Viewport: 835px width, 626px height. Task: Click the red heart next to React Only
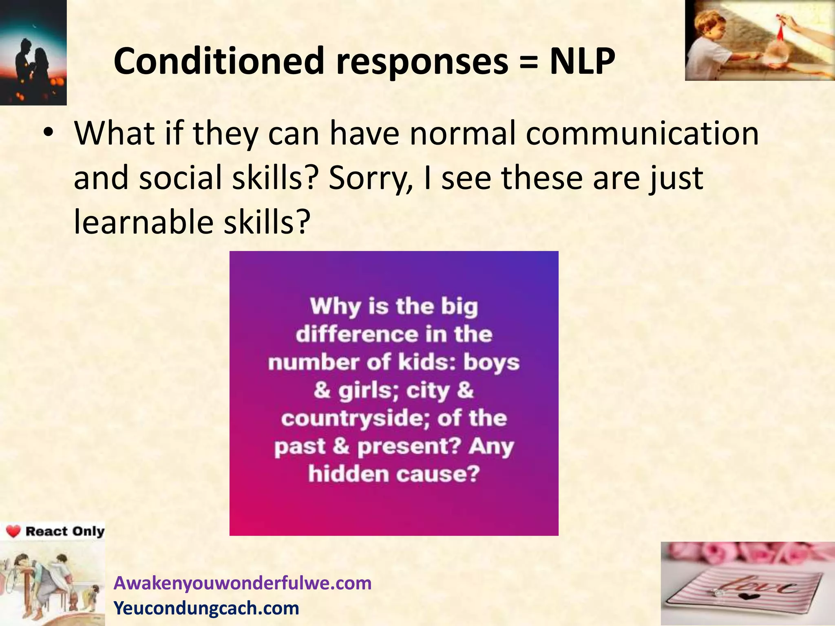tap(13, 531)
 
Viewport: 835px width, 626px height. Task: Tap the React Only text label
tap(64, 531)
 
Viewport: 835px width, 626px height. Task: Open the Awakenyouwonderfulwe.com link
tap(243, 583)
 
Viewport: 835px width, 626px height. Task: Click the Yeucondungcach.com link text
tap(206, 608)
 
